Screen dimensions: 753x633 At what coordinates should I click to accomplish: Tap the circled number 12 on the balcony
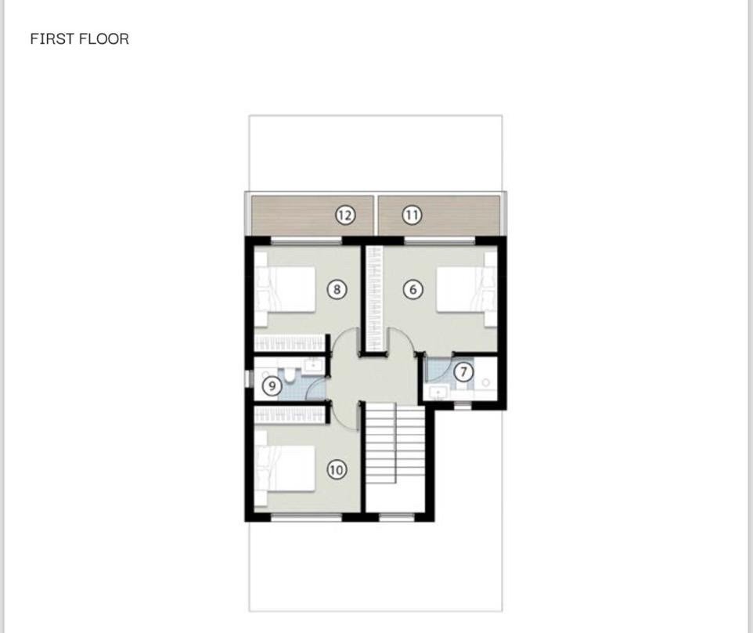345,215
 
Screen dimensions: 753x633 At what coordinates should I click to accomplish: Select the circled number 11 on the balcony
412,215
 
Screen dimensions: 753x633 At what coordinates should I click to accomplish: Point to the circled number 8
337,289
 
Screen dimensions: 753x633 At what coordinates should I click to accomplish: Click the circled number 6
413,289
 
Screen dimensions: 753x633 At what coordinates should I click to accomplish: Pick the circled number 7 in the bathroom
463,371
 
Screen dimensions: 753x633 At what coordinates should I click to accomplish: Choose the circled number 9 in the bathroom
272,386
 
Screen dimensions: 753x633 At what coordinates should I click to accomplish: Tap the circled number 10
336,469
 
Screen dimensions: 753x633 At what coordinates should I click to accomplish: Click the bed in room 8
285,289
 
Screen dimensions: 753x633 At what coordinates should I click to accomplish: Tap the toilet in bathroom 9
290,375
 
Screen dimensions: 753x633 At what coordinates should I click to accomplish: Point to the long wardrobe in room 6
374,298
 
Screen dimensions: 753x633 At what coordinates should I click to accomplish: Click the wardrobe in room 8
290,342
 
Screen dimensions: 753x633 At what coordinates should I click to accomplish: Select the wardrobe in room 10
290,414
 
